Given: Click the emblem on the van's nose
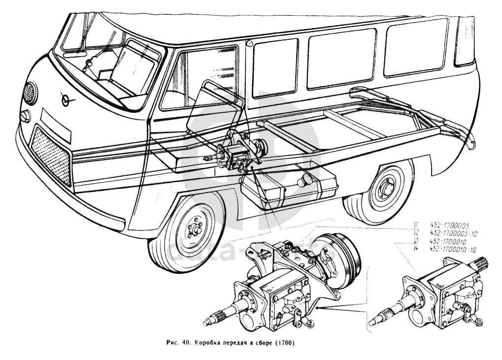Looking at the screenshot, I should coord(66,100).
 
